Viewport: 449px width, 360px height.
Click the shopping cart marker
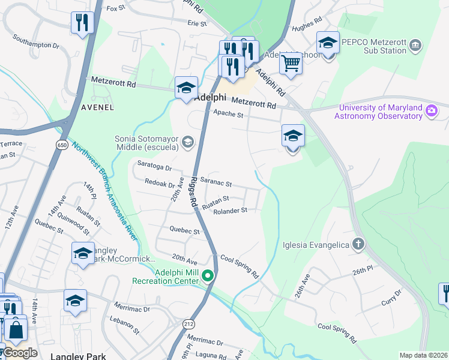(x=291, y=62)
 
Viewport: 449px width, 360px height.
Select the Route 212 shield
(x=187, y=323)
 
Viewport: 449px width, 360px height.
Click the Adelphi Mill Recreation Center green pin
(x=208, y=276)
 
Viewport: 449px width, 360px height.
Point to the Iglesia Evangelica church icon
(x=358, y=244)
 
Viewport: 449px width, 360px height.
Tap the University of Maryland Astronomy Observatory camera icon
(x=431, y=111)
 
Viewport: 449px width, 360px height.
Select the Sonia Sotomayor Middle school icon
(x=188, y=142)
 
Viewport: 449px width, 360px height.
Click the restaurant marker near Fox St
(x=80, y=23)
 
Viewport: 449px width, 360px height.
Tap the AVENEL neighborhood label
(x=97, y=107)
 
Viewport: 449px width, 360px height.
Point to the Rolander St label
(x=231, y=211)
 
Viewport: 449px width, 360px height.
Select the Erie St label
(x=197, y=23)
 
